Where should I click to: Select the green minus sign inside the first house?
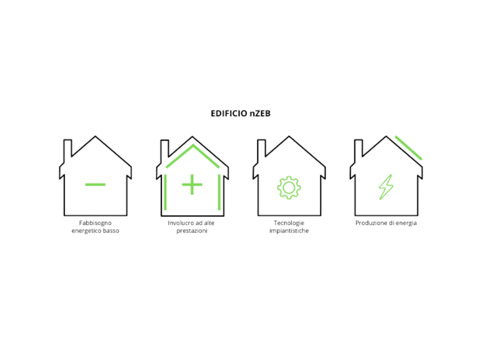(x=95, y=184)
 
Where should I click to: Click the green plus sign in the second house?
(x=192, y=185)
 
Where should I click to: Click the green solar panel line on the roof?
(x=408, y=146)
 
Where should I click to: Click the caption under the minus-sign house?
(x=95, y=227)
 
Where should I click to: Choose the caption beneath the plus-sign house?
(x=192, y=227)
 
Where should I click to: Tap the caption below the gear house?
(x=289, y=227)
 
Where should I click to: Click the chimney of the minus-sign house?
(x=68, y=147)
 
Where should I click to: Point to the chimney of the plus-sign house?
(x=164, y=147)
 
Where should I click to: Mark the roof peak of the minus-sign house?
(x=96, y=136)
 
